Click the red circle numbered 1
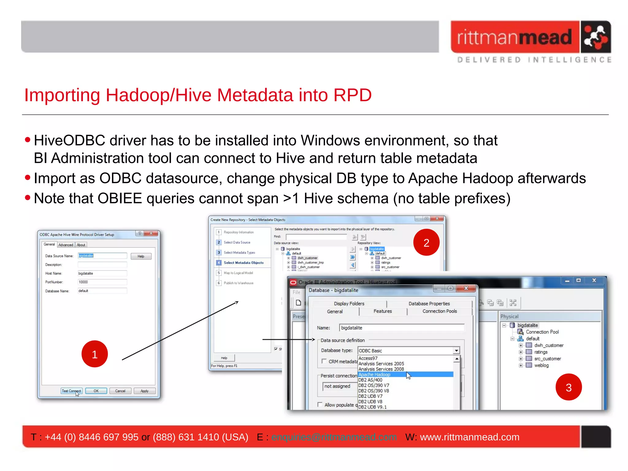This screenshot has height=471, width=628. pos(94,354)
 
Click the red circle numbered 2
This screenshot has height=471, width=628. pos(426,243)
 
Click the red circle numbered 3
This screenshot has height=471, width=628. pos(569,387)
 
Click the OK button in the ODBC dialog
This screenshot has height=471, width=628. pos(96,391)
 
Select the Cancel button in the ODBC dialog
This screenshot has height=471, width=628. pos(120,391)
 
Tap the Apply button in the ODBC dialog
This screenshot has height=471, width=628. pos(144,391)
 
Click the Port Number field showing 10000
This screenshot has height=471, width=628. pos(102,282)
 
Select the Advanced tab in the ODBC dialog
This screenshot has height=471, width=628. pos(66,245)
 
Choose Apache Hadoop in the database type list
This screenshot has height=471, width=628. pos(375,374)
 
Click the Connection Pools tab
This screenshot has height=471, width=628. pos(439,311)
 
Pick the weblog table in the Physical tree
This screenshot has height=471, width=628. pos(541,365)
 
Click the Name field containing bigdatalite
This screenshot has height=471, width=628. pos(402,328)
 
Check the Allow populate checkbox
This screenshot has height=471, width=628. pos(320,404)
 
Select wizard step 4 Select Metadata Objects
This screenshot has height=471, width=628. pos(243,263)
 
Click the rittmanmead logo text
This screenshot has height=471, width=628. pos(515,37)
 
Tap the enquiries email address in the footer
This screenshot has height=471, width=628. pos(334,437)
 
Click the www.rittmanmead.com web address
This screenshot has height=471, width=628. pos(469,437)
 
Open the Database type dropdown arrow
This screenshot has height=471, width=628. pos(456,350)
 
